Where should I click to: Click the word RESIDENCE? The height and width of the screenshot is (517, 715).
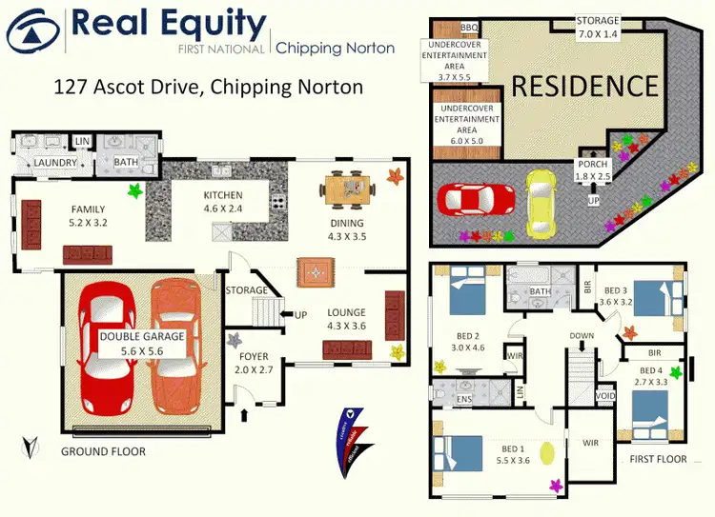tap(585, 86)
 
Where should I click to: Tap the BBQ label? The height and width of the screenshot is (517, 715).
tap(469, 28)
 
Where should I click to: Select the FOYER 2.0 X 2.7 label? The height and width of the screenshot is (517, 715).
tap(254, 364)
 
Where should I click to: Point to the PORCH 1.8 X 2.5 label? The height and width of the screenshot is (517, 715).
tap(594, 170)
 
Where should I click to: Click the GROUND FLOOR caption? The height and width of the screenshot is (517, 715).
tap(103, 451)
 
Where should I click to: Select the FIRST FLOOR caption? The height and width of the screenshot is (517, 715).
tap(658, 459)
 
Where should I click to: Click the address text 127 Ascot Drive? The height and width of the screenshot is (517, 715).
tap(206, 88)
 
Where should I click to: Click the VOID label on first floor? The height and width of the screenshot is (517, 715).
tap(605, 395)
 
